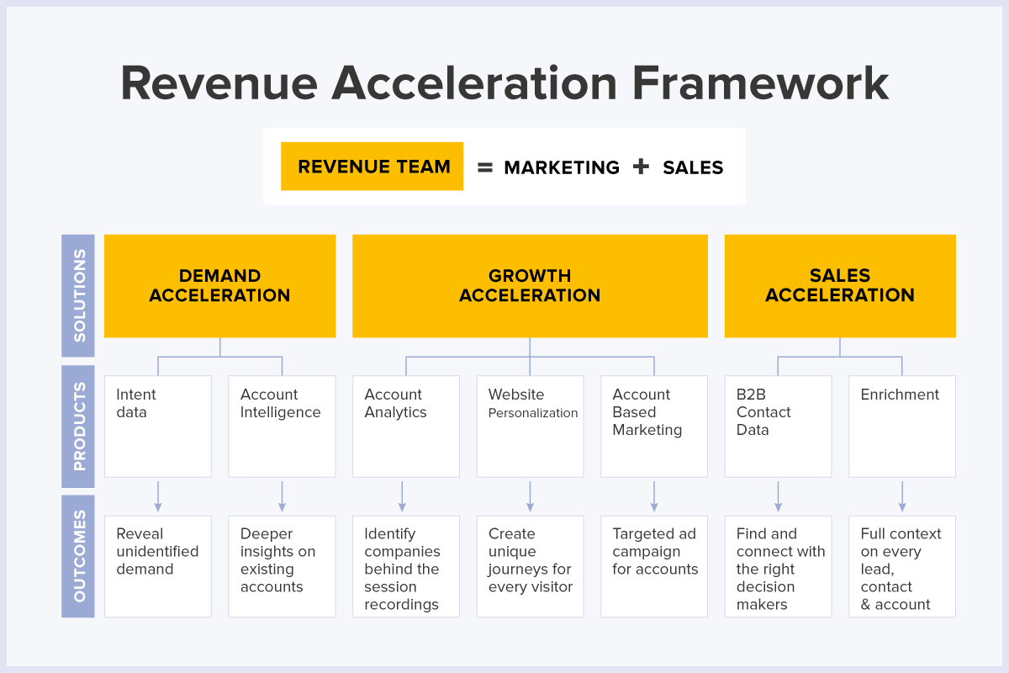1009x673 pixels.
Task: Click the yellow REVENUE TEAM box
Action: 372,167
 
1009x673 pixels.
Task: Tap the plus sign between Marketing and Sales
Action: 642,167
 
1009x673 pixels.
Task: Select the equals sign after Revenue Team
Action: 484,167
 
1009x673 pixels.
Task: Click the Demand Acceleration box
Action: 219,286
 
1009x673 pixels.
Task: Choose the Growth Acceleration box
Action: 530,286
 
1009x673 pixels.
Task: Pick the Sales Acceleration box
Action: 840,286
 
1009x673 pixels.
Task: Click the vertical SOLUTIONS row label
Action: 78,295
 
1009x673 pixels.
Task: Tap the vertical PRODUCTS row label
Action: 78,427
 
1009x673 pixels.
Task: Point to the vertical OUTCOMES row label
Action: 78,556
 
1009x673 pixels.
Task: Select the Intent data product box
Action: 157,426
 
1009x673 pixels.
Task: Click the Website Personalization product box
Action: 530,426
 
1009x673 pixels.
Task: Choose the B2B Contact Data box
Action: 778,426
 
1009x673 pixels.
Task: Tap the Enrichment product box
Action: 901,426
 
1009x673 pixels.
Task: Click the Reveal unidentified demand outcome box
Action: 157,565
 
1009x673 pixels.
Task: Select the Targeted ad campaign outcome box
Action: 654,565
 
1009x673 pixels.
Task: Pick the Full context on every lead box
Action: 901,565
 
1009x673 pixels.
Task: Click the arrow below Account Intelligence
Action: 282,496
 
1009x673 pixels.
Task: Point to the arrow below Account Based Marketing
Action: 654,496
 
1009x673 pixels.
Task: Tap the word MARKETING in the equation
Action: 562,167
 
